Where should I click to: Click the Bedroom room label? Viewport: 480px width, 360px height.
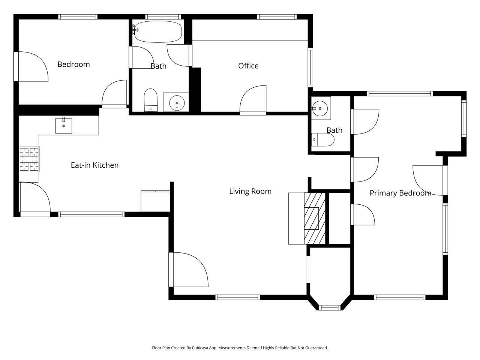[x=73, y=64]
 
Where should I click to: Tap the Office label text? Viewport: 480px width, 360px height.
[x=248, y=66]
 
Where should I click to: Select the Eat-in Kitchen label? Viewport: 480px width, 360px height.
[x=94, y=165]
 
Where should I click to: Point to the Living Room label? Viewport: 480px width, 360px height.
[x=250, y=191]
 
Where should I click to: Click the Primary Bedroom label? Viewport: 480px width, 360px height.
[x=400, y=193]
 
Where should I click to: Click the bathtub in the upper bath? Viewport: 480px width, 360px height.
[x=157, y=32]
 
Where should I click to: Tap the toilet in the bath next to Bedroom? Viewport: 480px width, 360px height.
[x=151, y=100]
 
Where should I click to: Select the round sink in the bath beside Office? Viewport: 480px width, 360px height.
[x=177, y=103]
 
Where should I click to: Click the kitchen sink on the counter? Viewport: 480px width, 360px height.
[x=64, y=126]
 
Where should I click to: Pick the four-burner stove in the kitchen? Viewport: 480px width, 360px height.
[x=29, y=159]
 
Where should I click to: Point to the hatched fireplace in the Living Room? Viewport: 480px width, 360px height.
[x=315, y=218]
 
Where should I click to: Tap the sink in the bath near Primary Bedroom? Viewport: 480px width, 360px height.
[x=320, y=108]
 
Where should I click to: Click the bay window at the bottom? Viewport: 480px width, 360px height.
[x=330, y=308]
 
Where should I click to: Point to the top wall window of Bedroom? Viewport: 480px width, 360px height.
[x=78, y=17]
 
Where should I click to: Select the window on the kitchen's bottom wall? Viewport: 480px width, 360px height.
[x=91, y=214]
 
